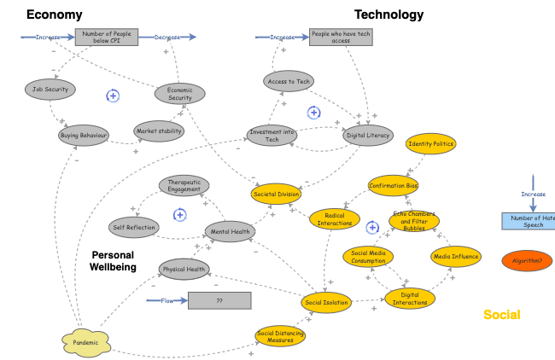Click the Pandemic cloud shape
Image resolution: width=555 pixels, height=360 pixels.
click(x=85, y=342)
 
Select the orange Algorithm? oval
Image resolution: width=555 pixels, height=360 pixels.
click(x=527, y=261)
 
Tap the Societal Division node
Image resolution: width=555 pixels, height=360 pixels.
click(x=277, y=195)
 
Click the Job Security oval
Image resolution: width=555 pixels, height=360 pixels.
click(x=50, y=89)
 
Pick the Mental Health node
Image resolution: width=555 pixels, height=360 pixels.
click(x=230, y=231)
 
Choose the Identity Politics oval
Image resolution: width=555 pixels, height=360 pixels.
click(x=431, y=144)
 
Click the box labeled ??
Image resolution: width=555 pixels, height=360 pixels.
click(x=219, y=300)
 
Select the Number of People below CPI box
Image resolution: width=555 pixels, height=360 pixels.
click(x=106, y=37)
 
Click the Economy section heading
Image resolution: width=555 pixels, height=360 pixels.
click(x=55, y=14)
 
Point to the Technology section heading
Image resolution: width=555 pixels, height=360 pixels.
click(x=388, y=14)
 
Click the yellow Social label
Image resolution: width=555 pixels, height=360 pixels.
click(x=501, y=315)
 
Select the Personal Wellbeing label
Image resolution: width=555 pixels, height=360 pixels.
click(x=113, y=261)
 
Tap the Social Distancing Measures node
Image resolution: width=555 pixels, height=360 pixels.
click(x=280, y=335)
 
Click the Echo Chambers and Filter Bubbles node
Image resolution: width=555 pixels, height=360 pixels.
click(x=414, y=222)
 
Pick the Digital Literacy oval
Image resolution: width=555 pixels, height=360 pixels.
click(x=368, y=134)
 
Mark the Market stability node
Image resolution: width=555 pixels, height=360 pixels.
click(x=159, y=131)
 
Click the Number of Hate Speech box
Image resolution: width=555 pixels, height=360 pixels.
click(x=529, y=221)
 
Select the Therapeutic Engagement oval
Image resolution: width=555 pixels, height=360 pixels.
click(x=184, y=185)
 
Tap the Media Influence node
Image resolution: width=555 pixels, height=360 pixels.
click(x=456, y=256)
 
